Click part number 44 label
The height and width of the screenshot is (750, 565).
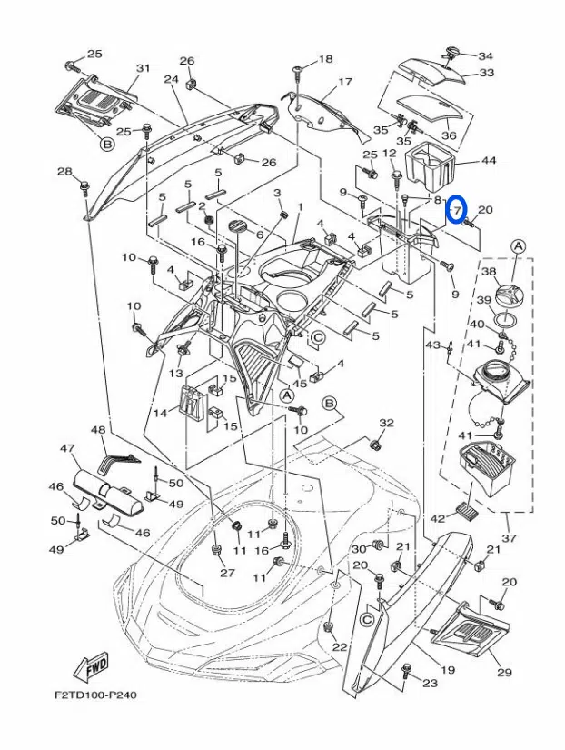(489, 161)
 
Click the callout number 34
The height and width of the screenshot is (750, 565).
(486, 55)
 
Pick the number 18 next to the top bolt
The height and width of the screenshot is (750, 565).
(326, 60)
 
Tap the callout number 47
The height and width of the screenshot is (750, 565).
(66, 448)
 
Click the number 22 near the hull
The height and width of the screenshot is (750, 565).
(339, 647)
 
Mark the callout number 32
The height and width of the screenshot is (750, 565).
(387, 424)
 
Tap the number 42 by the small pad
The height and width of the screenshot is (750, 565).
(437, 517)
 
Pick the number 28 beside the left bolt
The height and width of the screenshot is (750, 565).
(64, 172)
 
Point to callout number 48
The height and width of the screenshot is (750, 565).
(98, 429)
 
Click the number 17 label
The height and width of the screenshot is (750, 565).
(344, 83)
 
